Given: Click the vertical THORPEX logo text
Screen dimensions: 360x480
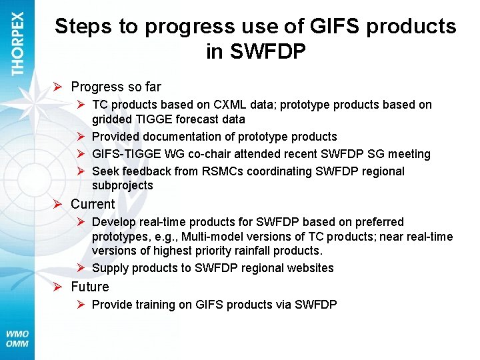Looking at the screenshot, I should (17, 43).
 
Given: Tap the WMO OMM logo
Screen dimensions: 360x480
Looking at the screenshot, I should (17, 338).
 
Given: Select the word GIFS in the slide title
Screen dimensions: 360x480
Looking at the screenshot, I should (327, 27).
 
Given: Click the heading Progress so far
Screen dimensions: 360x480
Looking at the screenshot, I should (116, 87).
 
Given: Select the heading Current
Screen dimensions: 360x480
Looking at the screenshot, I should (93, 204).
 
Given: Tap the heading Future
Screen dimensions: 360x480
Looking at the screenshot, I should (90, 287).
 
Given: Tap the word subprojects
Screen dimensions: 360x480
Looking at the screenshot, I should (122, 185).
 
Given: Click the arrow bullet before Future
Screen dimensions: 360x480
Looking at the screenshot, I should (59, 287).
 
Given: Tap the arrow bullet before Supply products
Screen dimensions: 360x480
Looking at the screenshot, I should (80, 268).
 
